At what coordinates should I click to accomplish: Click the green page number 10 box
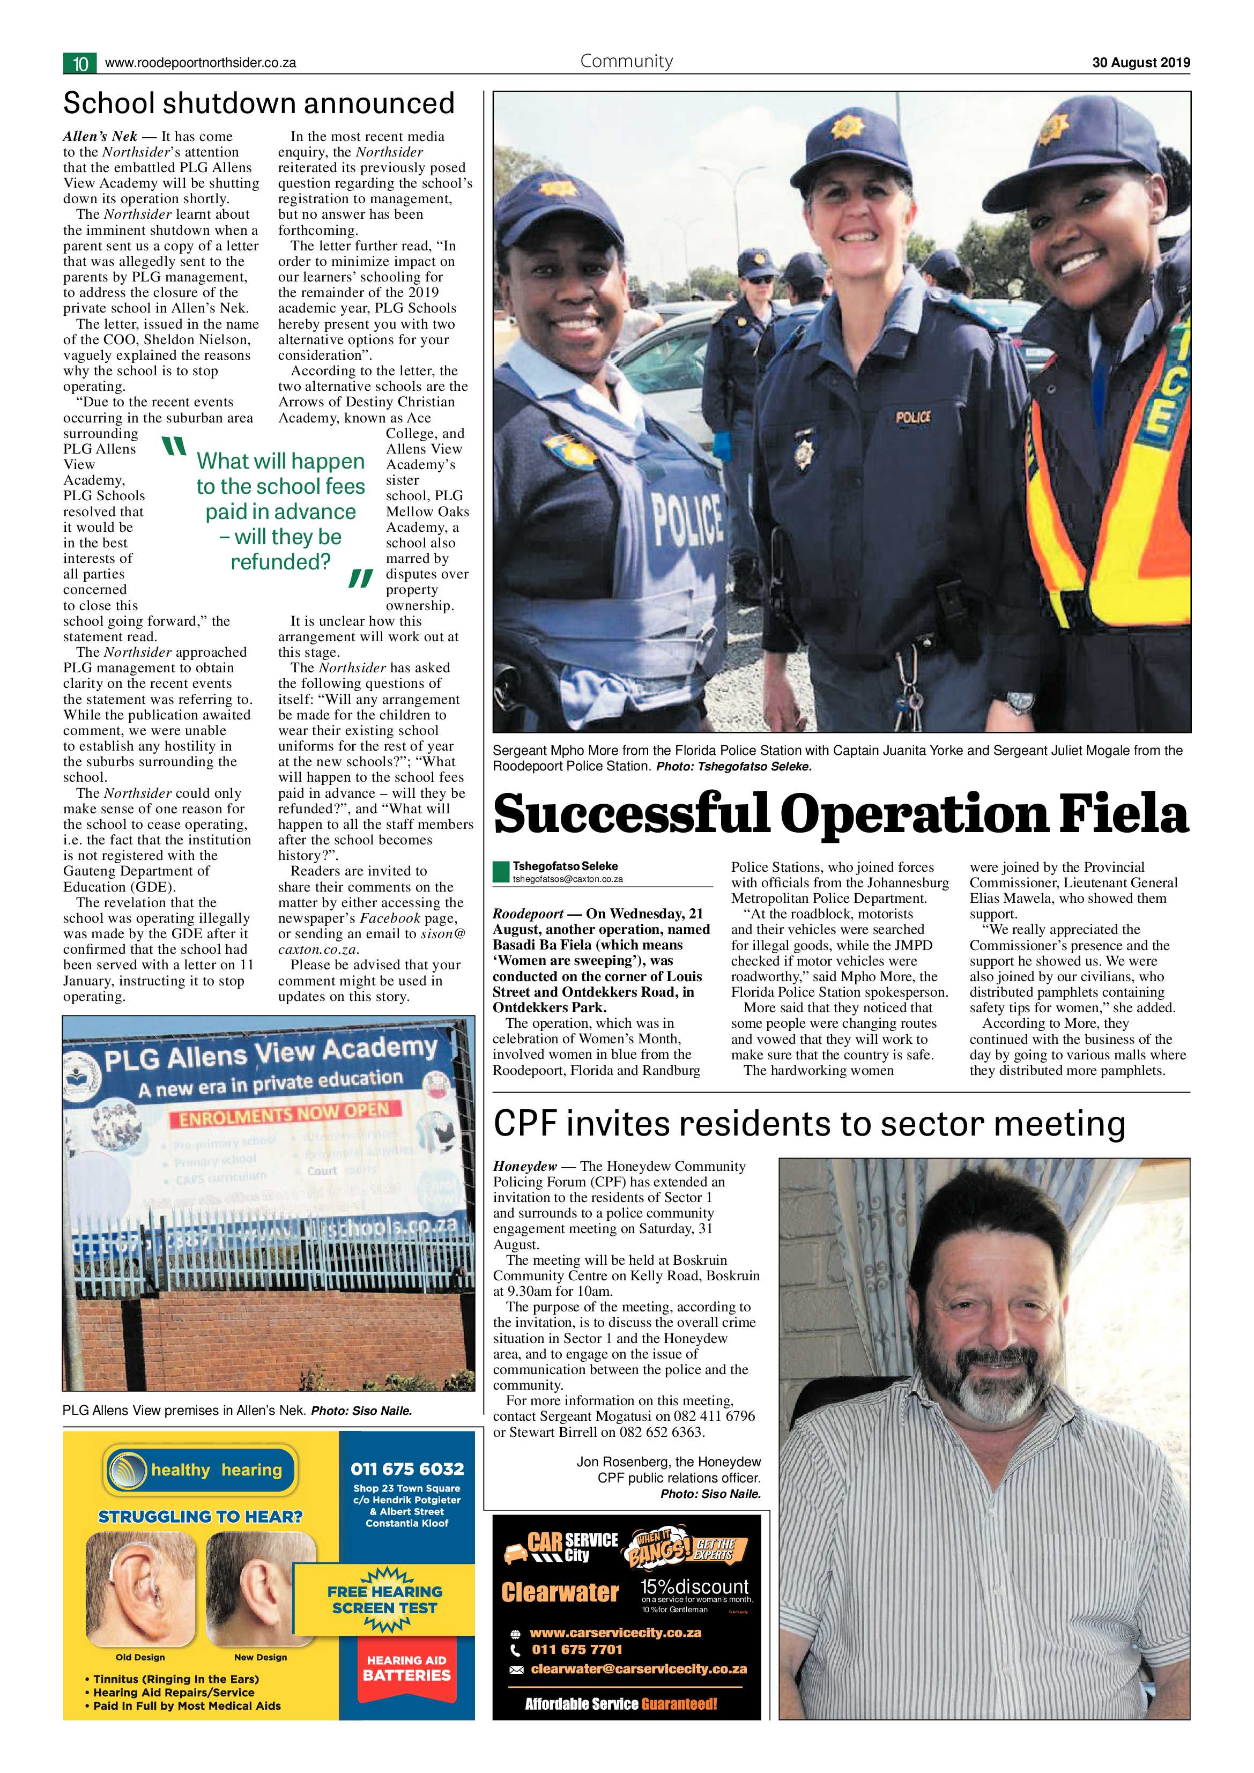point(79,63)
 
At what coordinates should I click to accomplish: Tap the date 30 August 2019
point(1140,63)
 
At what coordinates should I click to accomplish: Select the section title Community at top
point(626,62)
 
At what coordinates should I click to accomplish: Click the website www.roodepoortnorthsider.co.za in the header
point(200,63)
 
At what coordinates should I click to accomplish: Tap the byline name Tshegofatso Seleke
point(565,866)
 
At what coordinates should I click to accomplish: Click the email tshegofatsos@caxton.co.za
point(568,879)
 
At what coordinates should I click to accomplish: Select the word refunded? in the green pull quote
point(280,562)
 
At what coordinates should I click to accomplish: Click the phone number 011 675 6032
point(407,1469)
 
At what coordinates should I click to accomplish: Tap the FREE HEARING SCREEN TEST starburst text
point(384,1600)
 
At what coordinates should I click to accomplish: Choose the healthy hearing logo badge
point(201,1470)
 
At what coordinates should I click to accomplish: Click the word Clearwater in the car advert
point(559,1592)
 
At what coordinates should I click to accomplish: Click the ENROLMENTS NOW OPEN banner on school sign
point(290,1114)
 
